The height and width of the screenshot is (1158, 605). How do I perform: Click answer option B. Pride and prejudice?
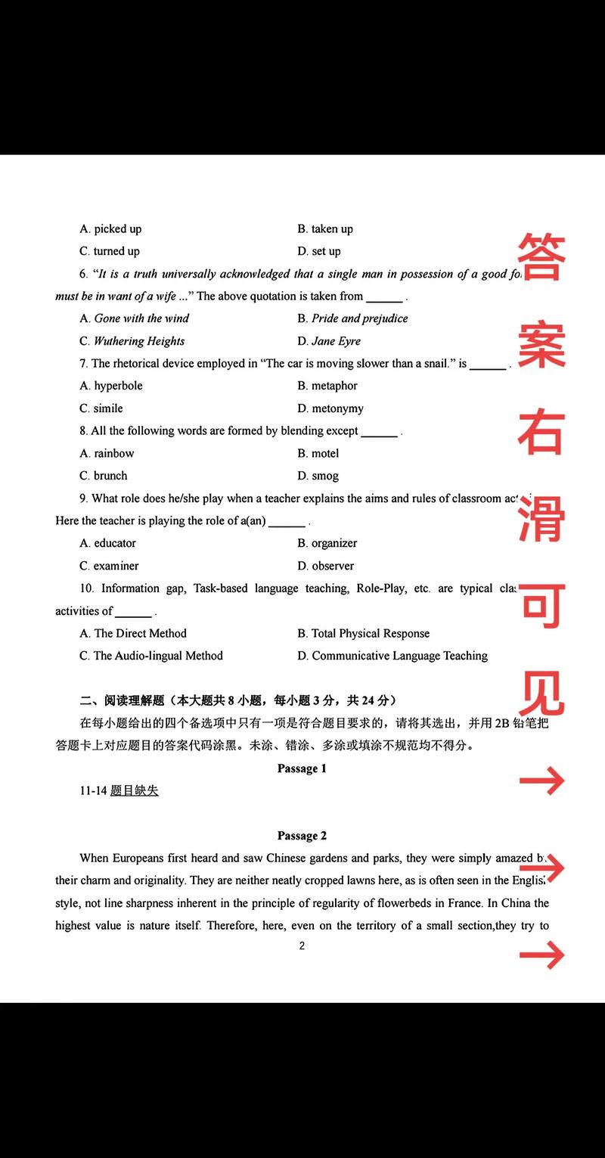[x=352, y=318]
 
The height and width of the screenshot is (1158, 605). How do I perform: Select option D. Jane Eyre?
[x=329, y=341]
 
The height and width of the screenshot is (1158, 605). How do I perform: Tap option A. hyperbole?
[x=111, y=386]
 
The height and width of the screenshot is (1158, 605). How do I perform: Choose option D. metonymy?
[x=330, y=408]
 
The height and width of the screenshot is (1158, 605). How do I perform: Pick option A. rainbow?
[x=107, y=453]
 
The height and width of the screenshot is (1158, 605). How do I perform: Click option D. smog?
[x=318, y=476]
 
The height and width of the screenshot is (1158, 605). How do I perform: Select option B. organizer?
[x=327, y=543]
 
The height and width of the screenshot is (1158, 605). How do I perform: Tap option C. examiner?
[x=109, y=566]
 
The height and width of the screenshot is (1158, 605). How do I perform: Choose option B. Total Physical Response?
[x=364, y=633]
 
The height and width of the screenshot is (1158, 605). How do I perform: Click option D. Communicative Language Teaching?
[x=392, y=656]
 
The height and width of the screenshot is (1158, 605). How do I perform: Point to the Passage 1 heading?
[x=302, y=768]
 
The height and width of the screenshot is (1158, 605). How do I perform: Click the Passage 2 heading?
[x=302, y=836]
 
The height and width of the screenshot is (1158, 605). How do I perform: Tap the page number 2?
[x=302, y=945]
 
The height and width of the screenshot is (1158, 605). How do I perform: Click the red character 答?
[x=541, y=256]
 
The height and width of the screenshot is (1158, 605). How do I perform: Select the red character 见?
[x=541, y=691]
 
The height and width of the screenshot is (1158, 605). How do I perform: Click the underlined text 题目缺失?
[x=135, y=791]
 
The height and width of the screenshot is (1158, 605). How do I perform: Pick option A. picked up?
[x=110, y=228]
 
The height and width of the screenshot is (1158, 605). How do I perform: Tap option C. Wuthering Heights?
[x=132, y=341]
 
